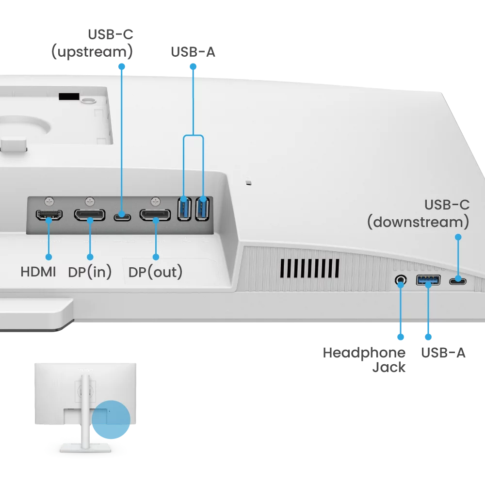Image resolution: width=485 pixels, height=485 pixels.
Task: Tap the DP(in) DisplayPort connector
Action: coord(89,214)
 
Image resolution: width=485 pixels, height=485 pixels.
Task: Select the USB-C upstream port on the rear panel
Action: coord(122,216)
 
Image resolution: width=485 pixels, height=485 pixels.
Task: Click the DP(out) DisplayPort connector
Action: coord(155,214)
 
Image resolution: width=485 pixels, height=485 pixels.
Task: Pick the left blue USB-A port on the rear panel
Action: coord(184,208)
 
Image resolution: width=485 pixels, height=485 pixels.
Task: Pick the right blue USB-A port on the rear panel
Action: coord(202,208)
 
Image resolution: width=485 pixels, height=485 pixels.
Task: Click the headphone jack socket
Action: coord(401,280)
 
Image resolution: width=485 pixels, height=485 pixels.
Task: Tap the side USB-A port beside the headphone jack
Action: coord(428,280)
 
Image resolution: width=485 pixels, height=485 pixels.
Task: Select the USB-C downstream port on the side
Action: coord(457,280)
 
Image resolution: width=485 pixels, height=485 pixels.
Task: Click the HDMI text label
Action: coord(38,272)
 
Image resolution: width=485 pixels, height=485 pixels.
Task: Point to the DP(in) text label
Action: coord(90,272)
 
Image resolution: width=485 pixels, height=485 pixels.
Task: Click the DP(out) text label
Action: coord(155,272)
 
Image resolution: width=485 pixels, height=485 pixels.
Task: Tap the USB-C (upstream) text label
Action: coord(92,43)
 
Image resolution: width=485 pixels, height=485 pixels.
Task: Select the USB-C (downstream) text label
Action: coord(418,213)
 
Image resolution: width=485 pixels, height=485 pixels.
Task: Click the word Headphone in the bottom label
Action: coord(364,353)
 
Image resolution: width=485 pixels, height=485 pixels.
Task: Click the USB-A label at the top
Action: coord(193,52)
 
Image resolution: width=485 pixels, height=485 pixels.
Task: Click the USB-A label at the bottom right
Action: coord(443,353)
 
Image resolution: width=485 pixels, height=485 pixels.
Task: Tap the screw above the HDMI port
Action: coord(48,200)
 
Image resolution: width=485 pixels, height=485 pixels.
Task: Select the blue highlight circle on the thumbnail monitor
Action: coord(111,419)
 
